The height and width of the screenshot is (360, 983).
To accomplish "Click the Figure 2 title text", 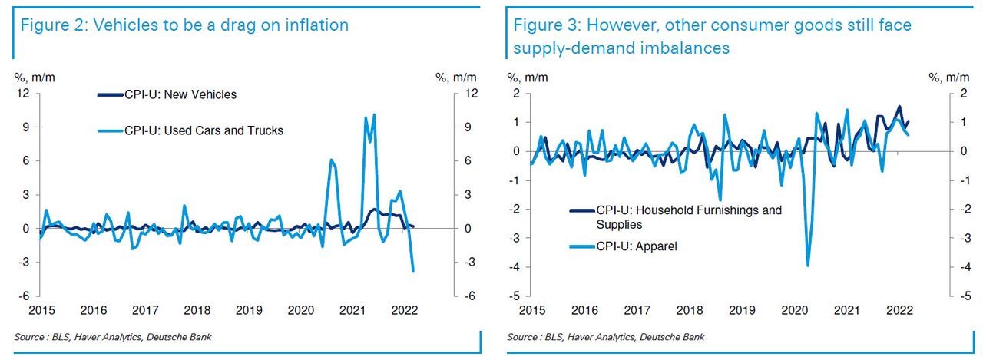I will click(184, 25).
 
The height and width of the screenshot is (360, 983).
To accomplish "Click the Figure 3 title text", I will click(713, 25).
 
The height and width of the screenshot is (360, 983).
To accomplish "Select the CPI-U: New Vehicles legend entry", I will click(178, 95).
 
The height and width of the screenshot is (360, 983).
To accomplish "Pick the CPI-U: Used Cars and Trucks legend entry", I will click(204, 130).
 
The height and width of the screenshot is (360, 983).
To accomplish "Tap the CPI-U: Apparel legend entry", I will click(637, 247).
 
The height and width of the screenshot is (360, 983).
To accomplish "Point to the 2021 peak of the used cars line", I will click(374, 115).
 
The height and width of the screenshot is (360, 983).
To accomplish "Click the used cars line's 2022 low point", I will click(413, 271).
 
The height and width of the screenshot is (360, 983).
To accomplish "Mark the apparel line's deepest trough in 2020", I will click(808, 266).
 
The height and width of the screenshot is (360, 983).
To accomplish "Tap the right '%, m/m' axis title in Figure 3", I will click(944, 77).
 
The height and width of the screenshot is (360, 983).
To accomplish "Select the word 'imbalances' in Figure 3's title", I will click(687, 48).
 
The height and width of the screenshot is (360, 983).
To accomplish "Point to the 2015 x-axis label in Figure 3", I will click(531, 311).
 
